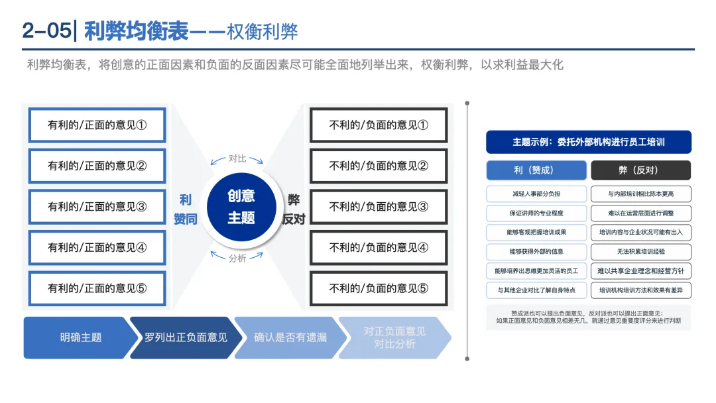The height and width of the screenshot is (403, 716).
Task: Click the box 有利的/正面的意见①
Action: tap(97, 125)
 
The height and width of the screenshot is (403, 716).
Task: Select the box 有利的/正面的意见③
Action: tap(97, 206)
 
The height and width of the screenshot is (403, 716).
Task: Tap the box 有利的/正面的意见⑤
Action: tap(97, 288)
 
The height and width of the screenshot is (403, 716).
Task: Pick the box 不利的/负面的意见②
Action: tap(379, 166)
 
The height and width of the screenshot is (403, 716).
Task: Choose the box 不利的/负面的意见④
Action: tap(379, 248)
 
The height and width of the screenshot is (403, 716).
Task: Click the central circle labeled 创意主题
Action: tap(241, 207)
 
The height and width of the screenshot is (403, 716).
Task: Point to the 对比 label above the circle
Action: tap(237, 158)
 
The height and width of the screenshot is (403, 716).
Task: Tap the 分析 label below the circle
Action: tap(237, 258)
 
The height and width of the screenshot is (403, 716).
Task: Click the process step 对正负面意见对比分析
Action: tap(394, 337)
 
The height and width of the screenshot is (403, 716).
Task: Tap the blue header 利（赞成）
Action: tap(536, 170)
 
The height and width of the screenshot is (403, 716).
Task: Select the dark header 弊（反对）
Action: tap(640, 170)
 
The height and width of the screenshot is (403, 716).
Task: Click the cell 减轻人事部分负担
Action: tap(536, 194)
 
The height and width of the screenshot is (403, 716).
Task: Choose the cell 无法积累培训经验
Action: tap(640, 252)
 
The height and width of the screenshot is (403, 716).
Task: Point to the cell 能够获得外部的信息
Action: tap(536, 252)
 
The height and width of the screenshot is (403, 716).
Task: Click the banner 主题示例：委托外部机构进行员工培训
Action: tap(588, 142)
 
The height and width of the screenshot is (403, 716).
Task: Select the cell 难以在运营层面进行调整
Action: tap(640, 213)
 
